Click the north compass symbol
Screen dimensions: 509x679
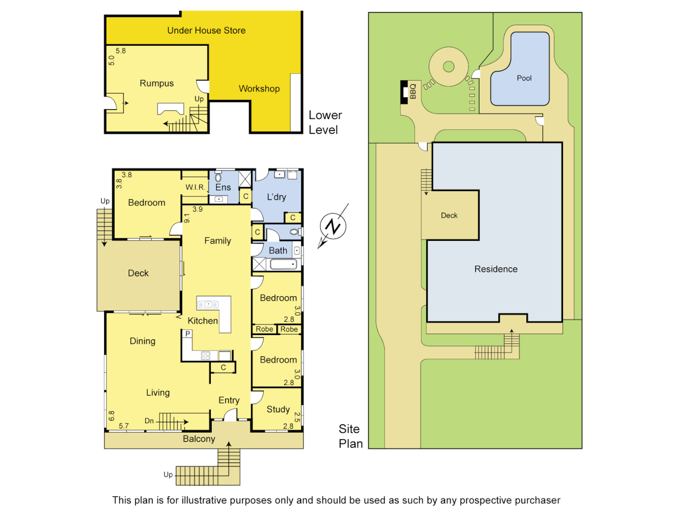pos(333,227)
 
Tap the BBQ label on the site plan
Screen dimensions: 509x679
pos(413,91)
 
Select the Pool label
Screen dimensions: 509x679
pos(524,78)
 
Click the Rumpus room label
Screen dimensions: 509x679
pos(157,83)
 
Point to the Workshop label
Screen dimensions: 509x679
pos(259,89)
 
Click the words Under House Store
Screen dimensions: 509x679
pos(206,31)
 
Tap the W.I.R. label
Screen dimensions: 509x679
pos(195,187)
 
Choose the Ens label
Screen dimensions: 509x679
pos(223,188)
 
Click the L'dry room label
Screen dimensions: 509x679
pos(276,197)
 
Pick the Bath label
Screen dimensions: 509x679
pos(278,251)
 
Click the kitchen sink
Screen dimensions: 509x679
pos(207,304)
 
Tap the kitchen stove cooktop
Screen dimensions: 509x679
pos(206,355)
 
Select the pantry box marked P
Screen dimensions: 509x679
pos(188,334)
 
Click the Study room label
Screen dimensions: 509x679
pos(278,409)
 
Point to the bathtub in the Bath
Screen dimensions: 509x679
pos(283,264)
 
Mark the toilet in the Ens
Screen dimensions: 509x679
pos(218,178)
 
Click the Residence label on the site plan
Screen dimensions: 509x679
pos(496,269)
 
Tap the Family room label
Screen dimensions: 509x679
pos(217,241)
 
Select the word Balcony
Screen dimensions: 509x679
pos(199,439)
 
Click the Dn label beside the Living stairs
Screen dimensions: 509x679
pos(149,421)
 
